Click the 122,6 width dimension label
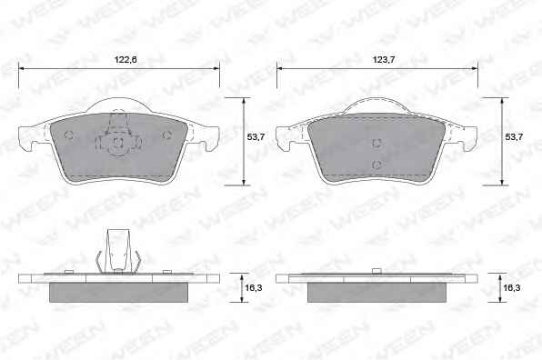(x=125, y=59)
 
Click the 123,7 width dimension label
(x=384, y=59)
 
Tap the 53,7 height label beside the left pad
(x=256, y=136)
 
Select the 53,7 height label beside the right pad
(x=514, y=136)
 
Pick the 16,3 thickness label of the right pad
(x=512, y=287)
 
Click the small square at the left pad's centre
(x=118, y=142)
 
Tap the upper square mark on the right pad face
(x=376, y=143)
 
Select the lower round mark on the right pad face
(x=376, y=165)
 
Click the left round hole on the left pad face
(x=69, y=135)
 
